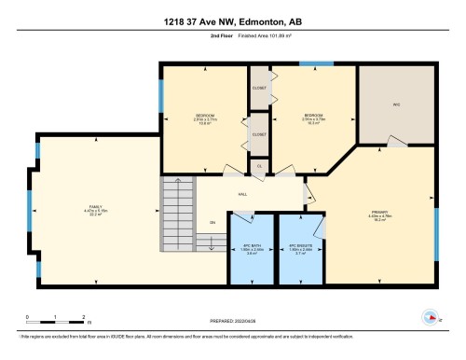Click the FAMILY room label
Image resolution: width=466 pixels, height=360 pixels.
[x=96, y=207]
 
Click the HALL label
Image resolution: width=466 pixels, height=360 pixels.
[x=242, y=194]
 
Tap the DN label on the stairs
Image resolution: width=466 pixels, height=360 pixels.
[x=212, y=222]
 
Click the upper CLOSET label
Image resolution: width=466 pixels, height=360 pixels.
[x=259, y=89]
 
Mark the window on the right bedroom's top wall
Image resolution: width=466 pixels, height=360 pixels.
[x=315, y=63]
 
